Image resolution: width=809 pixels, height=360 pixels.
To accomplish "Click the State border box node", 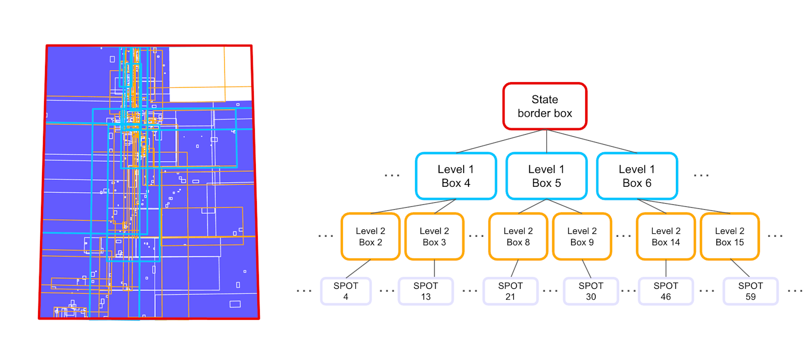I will pos(545,106).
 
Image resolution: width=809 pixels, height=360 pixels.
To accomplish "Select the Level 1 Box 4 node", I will pos(456,176).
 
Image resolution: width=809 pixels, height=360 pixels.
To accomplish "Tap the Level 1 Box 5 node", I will pos(546,176).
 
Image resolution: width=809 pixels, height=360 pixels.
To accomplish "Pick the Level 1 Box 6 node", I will pos(637,176).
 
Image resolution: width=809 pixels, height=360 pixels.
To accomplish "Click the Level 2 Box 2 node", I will pos(370,236).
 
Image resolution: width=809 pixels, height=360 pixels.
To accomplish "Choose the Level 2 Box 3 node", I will pos(434,236).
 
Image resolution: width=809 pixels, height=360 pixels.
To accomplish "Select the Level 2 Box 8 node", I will pos(518,236).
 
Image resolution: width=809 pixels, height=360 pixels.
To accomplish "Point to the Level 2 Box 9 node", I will pos(582,236).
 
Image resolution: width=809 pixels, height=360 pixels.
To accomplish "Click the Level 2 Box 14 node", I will pos(665,236).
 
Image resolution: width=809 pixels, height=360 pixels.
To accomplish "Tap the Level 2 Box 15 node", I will pos(729,236).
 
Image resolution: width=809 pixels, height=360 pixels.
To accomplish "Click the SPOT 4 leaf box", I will pos(345,291).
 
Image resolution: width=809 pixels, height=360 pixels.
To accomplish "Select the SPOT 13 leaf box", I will pos(426,291).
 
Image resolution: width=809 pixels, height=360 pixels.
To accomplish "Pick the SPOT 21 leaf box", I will pos(510,291).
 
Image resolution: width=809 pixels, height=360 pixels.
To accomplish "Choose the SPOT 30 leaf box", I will pos(591,291).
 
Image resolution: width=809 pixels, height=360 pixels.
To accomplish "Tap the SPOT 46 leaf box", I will pos(665,291).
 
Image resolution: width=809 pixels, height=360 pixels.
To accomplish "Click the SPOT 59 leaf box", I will pos(750,291).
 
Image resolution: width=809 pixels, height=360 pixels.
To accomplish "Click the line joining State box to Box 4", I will pos(501,141).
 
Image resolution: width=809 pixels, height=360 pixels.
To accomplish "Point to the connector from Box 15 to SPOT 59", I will pos(740,268).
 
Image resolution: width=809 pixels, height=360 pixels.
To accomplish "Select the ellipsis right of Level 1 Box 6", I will pos(701,176).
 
